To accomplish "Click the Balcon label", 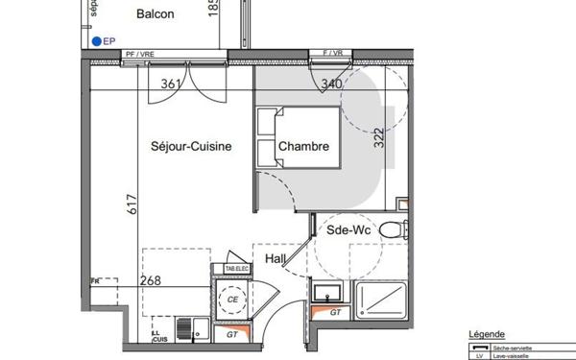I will (x=155, y=13).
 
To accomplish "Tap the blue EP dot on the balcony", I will (x=98, y=41).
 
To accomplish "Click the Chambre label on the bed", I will (x=304, y=147).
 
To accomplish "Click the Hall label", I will (x=276, y=258).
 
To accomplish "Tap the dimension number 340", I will (x=332, y=84).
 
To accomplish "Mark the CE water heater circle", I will (x=231, y=300).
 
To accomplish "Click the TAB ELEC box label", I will (x=235, y=270).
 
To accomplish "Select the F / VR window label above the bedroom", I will (x=334, y=52).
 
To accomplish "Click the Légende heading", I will (x=485, y=334).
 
